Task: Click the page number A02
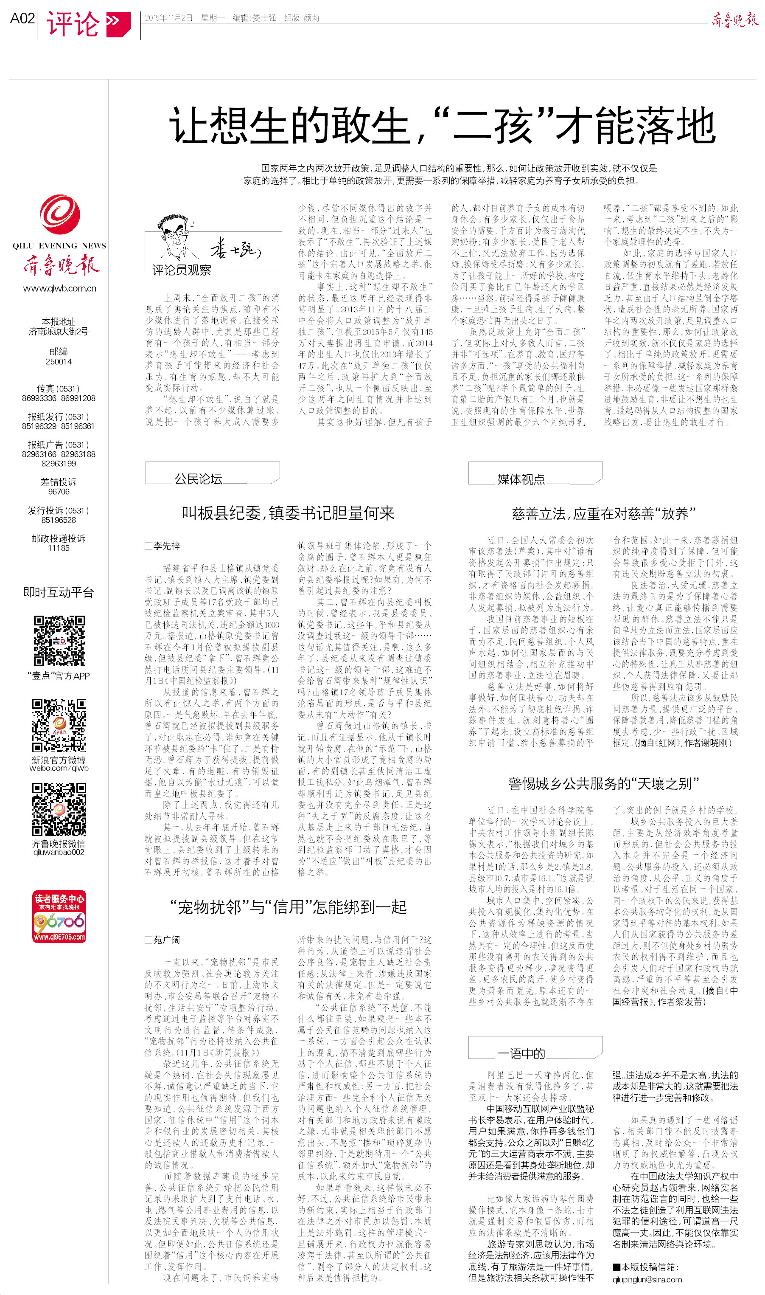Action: (22, 19)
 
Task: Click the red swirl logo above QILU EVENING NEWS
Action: (60, 214)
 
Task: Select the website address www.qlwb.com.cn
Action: (60, 288)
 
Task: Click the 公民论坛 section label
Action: (199, 479)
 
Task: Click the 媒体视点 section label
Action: (521, 479)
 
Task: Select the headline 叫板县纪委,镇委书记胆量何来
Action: (288, 513)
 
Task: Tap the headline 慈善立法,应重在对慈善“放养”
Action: (604, 514)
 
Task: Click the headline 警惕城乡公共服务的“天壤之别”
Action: (604, 784)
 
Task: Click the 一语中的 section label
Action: (521, 1054)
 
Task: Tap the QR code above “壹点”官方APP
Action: (59, 641)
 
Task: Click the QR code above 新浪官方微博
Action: (59, 725)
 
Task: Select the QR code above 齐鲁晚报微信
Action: (59, 809)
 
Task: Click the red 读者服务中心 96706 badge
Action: (59, 916)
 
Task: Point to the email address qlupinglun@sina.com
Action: (647, 1280)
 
